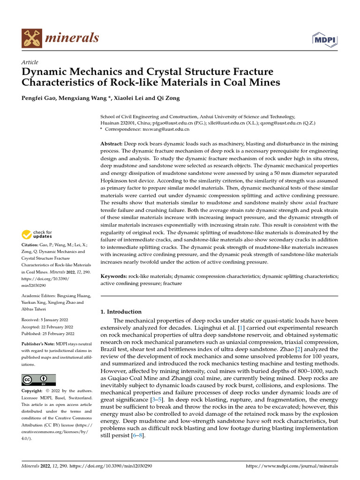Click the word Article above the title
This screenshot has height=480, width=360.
[30, 62]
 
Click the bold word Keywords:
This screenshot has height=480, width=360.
[114, 277]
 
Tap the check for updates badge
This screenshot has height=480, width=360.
[37, 234]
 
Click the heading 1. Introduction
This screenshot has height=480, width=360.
[121, 312]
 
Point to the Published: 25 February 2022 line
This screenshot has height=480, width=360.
[48, 334]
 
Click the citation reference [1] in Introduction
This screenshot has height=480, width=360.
[242, 328]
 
